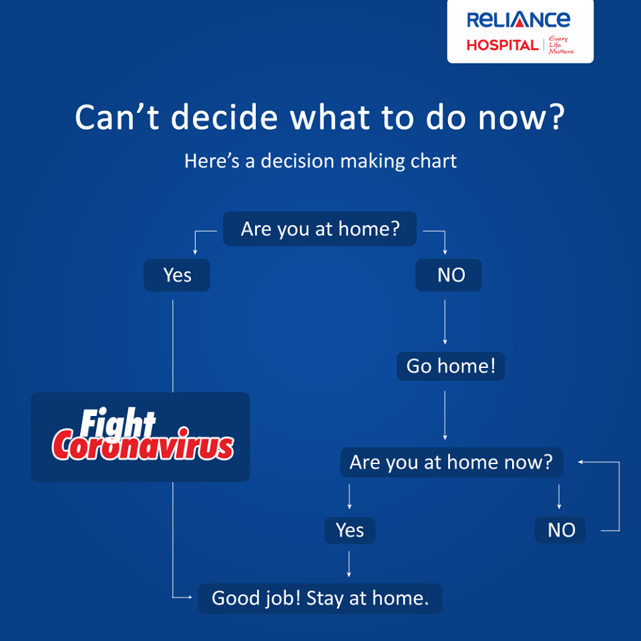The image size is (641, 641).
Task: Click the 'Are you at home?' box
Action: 320,228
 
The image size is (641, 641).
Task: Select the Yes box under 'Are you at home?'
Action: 177,274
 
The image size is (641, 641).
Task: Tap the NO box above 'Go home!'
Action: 449,274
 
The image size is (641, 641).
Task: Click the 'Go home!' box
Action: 451,366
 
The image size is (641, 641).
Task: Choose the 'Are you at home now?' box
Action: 452,462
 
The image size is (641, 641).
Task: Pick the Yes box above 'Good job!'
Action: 350,530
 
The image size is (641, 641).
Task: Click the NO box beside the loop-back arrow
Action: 560,530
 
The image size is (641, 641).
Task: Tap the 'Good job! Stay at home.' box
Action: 320,598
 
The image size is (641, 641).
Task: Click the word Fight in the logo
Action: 118,423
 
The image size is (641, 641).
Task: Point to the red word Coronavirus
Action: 143,445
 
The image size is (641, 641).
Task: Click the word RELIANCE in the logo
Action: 518,19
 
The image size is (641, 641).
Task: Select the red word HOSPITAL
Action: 502,45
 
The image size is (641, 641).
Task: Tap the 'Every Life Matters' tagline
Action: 560,45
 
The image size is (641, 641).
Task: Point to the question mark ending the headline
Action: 557,117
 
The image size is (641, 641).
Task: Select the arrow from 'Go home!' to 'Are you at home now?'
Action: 445,415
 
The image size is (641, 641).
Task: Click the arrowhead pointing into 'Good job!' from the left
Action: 190,597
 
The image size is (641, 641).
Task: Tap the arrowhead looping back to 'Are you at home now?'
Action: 580,462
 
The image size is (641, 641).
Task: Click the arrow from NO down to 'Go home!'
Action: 445,322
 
